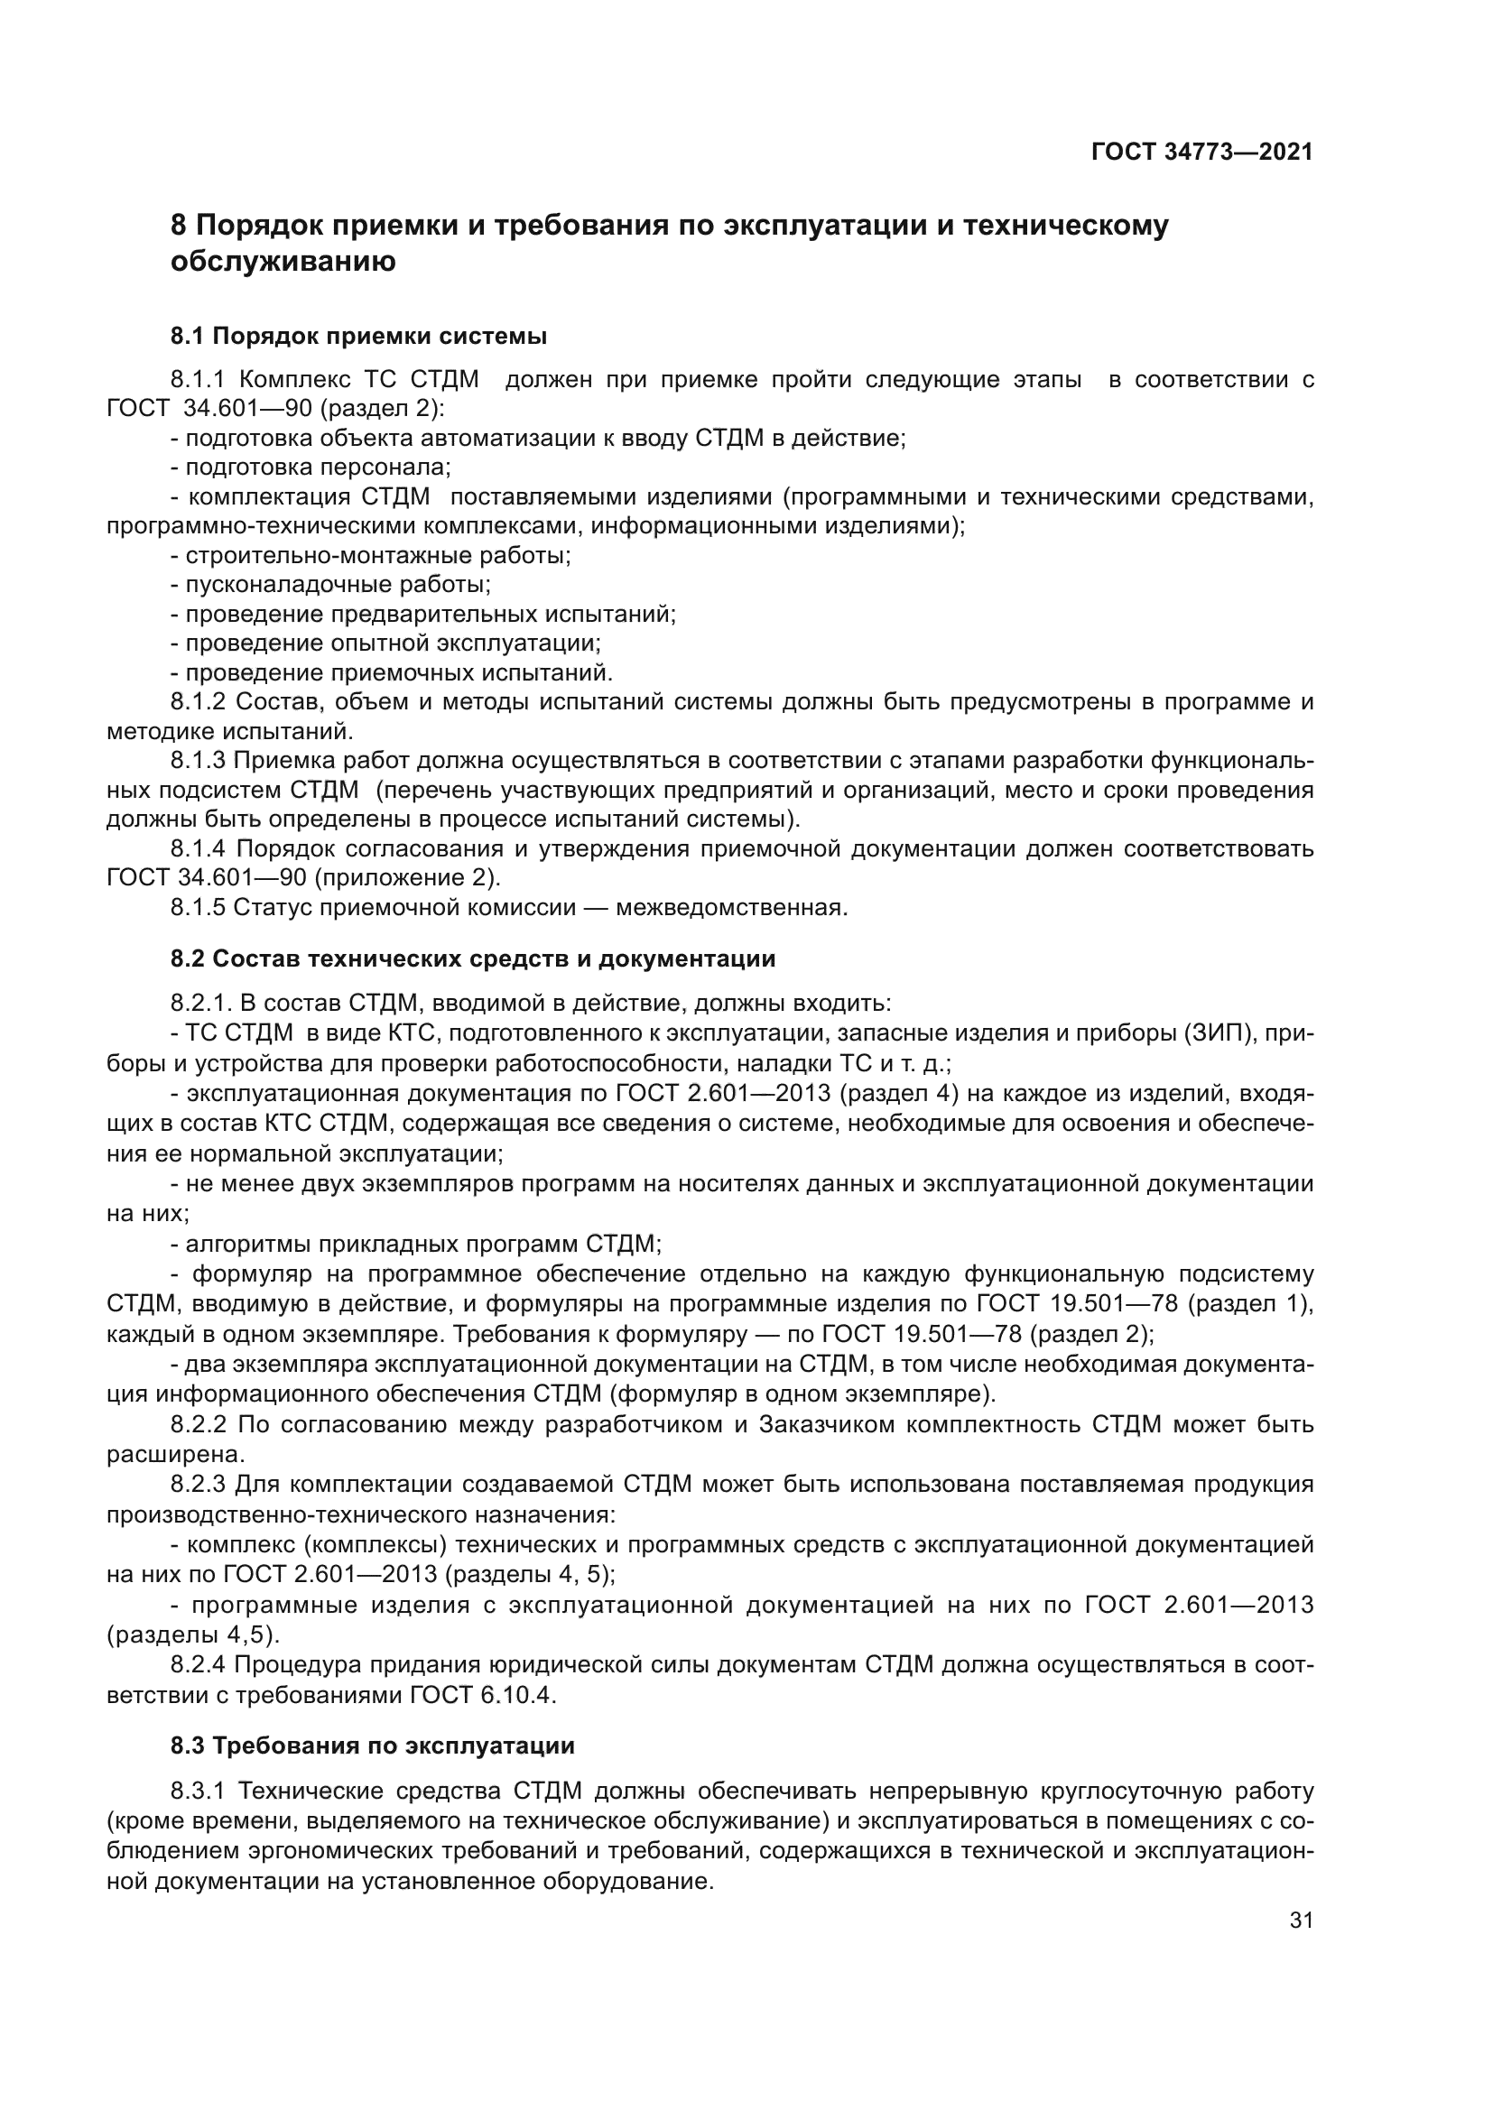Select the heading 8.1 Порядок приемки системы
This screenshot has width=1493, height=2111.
[x=358, y=337]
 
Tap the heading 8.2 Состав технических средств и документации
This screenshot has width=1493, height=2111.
[x=472, y=959]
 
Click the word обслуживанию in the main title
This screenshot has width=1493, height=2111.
[x=283, y=262]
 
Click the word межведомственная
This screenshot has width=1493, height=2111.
[x=731, y=907]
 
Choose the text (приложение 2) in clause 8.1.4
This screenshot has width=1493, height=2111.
[x=406, y=878]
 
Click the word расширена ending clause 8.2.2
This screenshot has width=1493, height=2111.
[x=162, y=1455]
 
